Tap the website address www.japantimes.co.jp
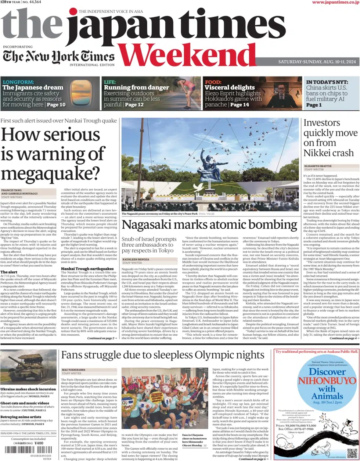[x=335, y=3]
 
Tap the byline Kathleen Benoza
[x=136, y=260]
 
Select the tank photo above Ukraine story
[x=28, y=367]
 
